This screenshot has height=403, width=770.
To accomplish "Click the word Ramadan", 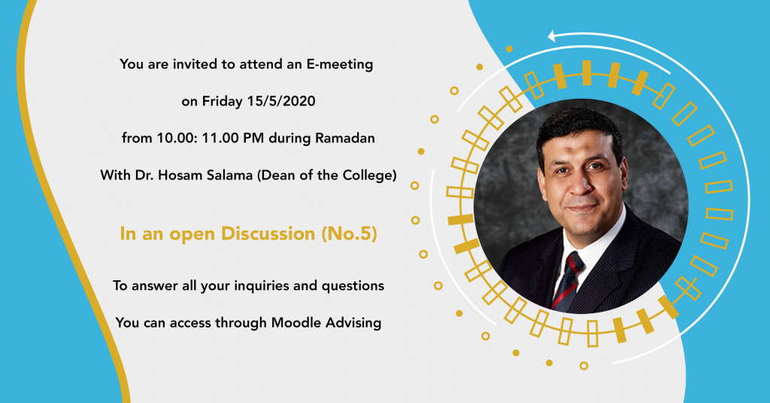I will click(x=347, y=139).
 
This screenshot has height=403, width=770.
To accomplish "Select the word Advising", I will click(x=353, y=323).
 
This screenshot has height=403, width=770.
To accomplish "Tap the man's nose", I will click(x=578, y=184).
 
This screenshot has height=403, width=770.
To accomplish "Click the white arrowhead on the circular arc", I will click(x=553, y=35).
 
